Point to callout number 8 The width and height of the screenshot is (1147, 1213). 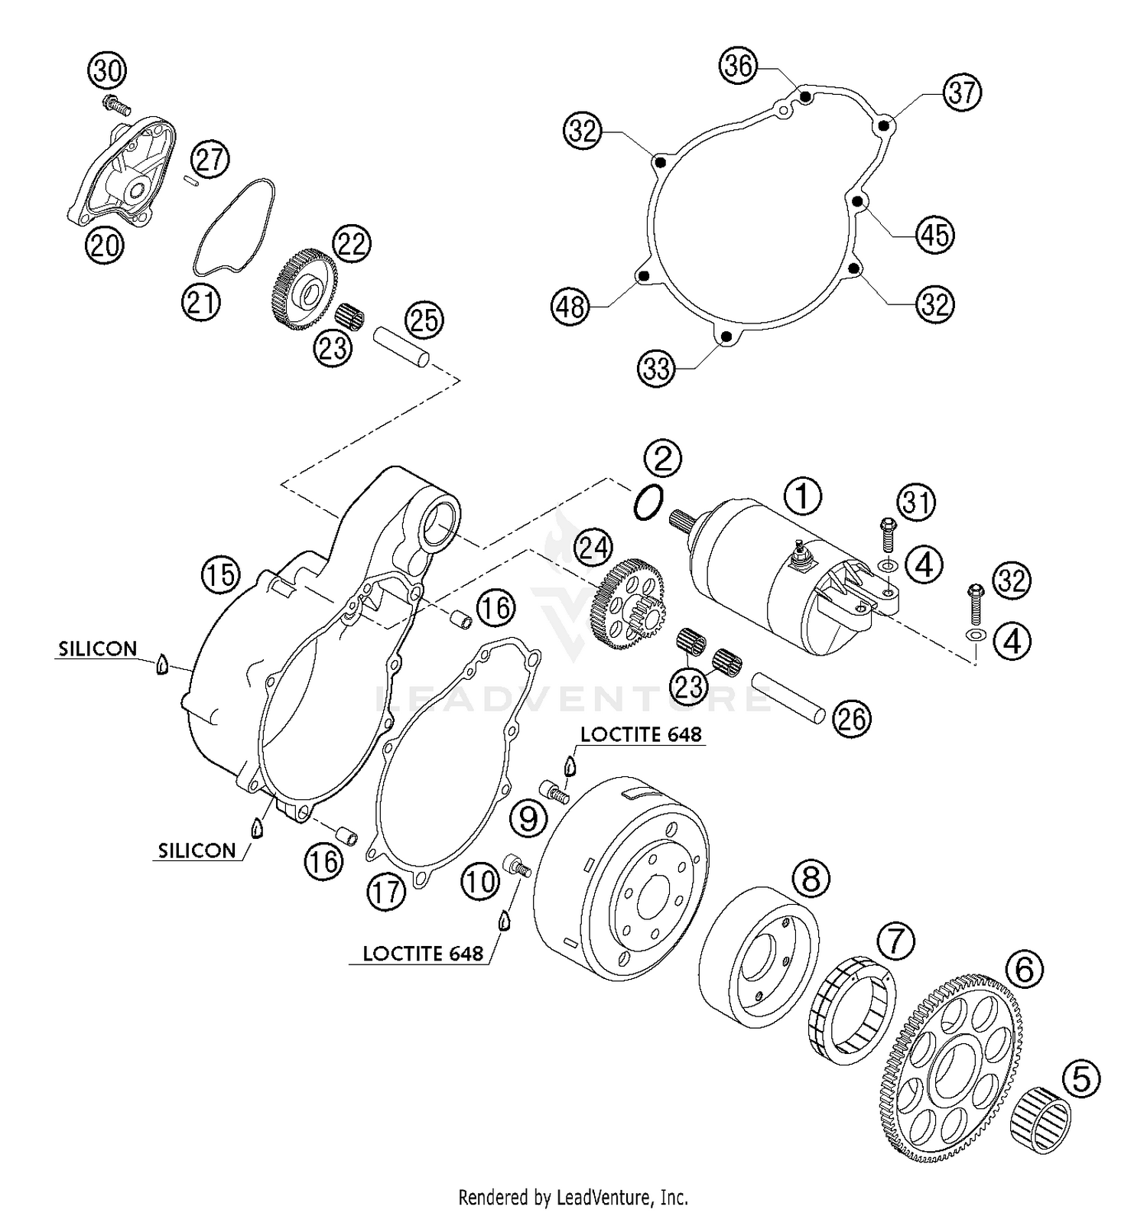coord(811,878)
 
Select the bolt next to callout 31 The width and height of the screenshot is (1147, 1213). coord(887,532)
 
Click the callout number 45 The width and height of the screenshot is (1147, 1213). coord(935,235)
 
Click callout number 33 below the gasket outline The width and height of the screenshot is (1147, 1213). coord(656,369)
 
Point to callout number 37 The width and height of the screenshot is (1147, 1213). coord(962,93)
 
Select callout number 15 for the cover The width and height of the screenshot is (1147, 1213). coord(220,574)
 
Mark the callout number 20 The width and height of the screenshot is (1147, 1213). coord(103,245)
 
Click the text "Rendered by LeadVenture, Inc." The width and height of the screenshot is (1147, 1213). coord(573,1197)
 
